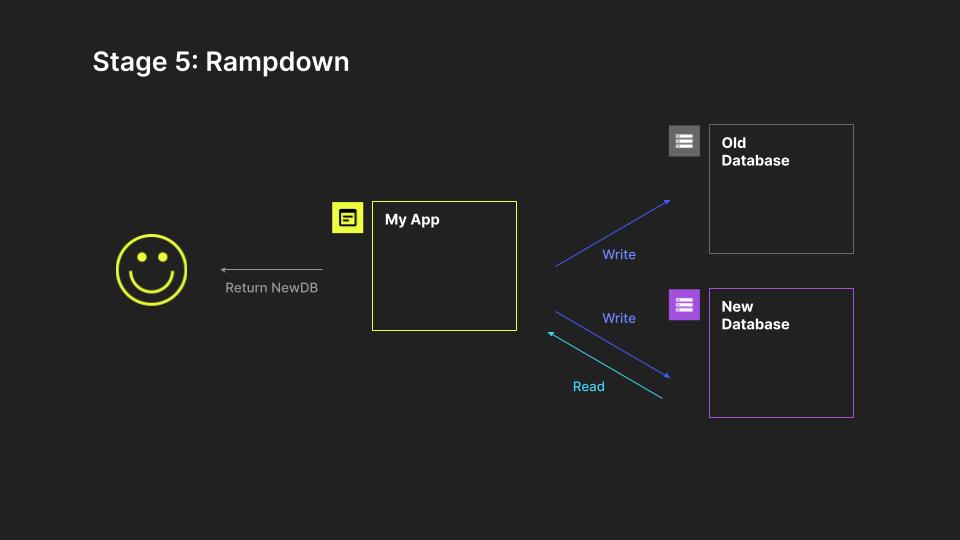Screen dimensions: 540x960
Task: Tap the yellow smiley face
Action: (x=151, y=270)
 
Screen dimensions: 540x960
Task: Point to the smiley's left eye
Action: (x=141, y=258)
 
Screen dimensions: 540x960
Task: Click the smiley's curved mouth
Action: (x=151, y=283)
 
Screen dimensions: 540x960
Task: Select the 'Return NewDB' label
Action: (x=271, y=288)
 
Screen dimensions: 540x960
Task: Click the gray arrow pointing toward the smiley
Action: (x=272, y=269)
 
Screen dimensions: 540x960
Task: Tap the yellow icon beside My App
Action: (x=347, y=217)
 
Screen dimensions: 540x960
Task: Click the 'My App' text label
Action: (x=412, y=220)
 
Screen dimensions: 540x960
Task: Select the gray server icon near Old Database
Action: (x=684, y=141)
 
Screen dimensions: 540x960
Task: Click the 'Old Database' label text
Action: (x=755, y=152)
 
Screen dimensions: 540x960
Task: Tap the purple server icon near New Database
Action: (x=684, y=304)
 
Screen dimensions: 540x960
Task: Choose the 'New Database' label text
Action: (x=755, y=315)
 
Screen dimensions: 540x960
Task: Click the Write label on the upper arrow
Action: (x=619, y=255)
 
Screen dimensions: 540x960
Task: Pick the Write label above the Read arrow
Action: (x=619, y=318)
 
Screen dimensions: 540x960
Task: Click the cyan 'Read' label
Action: (x=588, y=387)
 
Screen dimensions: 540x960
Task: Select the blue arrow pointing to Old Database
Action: (x=612, y=233)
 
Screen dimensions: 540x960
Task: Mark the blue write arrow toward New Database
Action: (x=612, y=345)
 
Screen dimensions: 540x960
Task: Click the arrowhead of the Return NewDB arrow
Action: (x=224, y=269)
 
